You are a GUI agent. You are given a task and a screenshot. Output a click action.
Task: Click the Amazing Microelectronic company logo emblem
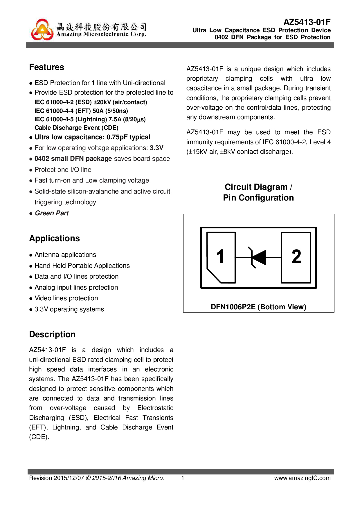42,30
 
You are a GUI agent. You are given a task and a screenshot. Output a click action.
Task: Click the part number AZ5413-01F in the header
307,22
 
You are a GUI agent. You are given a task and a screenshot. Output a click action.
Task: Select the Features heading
47,67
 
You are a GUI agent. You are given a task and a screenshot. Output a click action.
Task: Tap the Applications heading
55,239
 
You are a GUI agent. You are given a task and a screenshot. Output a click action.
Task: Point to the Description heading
52,335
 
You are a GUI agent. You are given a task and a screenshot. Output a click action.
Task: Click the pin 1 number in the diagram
220,257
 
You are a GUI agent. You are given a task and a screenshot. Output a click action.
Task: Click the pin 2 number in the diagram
296,257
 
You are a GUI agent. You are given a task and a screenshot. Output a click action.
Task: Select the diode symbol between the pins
258,257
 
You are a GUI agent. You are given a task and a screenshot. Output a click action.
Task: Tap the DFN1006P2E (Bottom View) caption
258,307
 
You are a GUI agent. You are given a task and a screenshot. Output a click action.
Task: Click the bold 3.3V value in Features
157,148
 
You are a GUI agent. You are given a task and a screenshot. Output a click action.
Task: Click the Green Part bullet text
52,213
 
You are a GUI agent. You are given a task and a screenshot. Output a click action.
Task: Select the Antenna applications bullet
65,255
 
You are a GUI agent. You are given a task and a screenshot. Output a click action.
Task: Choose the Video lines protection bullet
66,298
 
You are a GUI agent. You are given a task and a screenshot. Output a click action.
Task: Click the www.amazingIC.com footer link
302,478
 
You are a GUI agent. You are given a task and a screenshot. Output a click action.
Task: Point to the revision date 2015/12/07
69,478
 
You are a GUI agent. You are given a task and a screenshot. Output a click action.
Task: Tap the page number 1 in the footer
183,478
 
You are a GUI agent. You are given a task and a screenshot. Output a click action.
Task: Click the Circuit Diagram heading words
256,187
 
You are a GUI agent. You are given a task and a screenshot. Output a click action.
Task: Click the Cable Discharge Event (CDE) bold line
76,128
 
